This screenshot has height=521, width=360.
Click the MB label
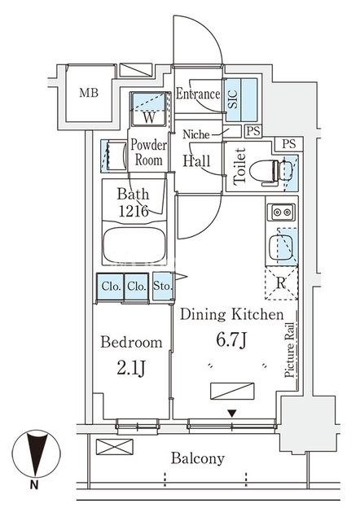[89, 93]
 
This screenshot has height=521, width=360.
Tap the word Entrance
[198, 94]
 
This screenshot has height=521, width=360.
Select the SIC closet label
[233, 99]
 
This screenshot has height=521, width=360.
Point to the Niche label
[196, 134]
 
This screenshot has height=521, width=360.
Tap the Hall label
[197, 161]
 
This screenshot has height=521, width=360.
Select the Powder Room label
[148, 152]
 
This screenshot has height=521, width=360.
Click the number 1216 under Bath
[134, 211]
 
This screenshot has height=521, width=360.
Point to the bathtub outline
[134, 246]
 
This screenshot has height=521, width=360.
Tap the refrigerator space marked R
[281, 283]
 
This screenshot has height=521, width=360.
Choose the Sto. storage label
[163, 286]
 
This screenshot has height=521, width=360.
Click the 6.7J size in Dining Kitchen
[231, 339]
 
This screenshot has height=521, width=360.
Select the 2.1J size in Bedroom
[131, 368]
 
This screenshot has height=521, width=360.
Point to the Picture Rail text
[289, 350]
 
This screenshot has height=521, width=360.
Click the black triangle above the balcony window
[232, 414]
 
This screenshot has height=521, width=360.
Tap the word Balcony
[198, 458]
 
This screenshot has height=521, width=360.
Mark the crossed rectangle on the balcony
[114, 447]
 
